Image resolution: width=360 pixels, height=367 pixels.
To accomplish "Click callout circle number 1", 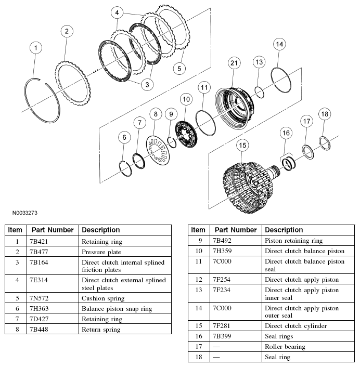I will click(35, 48).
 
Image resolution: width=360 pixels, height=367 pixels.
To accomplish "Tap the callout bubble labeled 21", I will click(234, 63).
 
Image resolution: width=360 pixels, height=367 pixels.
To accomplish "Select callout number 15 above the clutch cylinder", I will click(241, 147).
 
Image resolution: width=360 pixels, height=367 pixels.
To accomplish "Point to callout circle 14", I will click(279, 44).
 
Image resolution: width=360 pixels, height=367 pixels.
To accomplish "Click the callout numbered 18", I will click(325, 114).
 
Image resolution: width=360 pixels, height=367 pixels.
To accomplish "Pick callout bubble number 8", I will click(155, 114).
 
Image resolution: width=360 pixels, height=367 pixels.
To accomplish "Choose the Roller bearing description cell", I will click(285, 347).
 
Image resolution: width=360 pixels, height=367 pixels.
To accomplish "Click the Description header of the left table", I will click(101, 230).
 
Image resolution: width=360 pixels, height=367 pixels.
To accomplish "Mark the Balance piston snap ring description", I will click(117, 309).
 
